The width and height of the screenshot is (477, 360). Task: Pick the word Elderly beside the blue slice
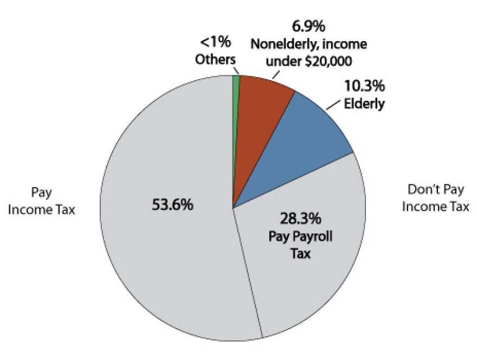[364, 102]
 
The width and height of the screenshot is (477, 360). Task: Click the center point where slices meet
[233, 208]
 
